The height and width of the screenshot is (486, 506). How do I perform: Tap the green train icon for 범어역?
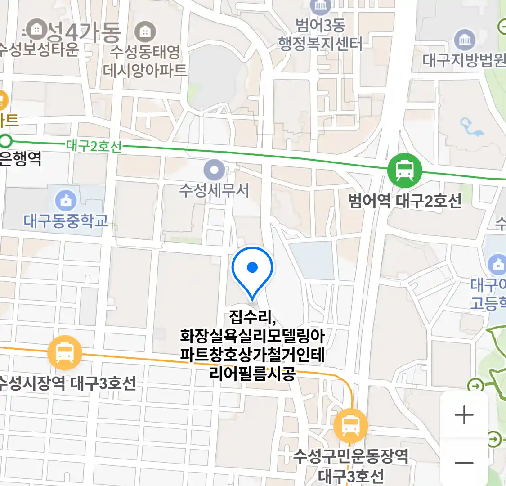click(x=405, y=171)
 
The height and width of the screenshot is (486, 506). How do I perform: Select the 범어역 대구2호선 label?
click(x=405, y=201)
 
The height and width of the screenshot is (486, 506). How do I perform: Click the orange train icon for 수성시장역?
click(x=65, y=352)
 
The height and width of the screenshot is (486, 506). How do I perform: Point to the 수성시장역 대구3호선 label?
click(x=67, y=383)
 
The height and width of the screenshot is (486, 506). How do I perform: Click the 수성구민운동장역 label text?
click(x=351, y=456)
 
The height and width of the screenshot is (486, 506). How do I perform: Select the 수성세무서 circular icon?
click(x=214, y=170)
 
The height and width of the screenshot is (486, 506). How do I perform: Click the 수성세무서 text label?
click(x=214, y=190)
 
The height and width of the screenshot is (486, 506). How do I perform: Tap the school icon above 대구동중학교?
click(x=66, y=201)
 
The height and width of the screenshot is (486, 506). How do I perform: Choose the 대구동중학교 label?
click(x=66, y=221)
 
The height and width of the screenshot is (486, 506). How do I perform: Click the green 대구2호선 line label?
click(x=94, y=146)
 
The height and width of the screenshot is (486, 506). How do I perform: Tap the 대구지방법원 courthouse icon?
click(x=465, y=40)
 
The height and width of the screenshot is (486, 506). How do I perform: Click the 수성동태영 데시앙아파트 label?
click(x=145, y=61)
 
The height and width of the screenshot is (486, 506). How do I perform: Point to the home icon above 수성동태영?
click(x=145, y=32)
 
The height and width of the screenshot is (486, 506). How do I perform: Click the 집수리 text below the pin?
click(x=252, y=317)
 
